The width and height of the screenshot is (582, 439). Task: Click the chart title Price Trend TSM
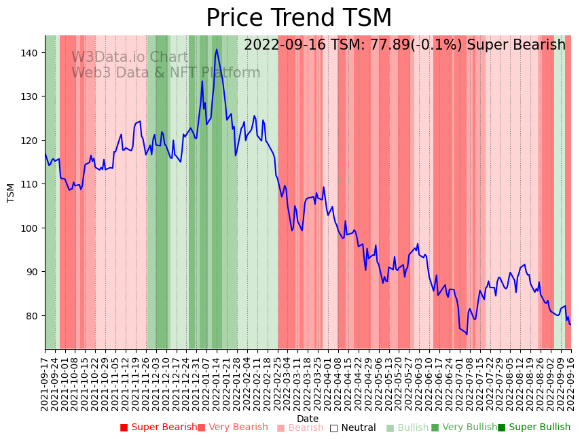(x=299, y=18)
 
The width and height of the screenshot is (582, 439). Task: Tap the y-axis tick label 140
(x=32, y=52)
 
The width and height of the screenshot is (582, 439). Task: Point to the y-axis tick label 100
(x=32, y=228)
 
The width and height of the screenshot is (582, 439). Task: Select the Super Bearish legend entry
(x=158, y=427)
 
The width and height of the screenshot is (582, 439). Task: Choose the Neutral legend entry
(x=352, y=427)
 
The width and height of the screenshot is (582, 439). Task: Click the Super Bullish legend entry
(x=534, y=427)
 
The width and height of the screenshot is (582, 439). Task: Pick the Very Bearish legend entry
(x=233, y=427)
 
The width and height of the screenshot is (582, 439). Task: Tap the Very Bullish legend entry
(x=464, y=427)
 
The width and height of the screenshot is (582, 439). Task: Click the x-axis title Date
(x=308, y=419)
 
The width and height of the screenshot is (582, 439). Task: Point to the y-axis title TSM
(x=11, y=193)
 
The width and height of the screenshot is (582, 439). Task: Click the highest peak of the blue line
(x=217, y=49)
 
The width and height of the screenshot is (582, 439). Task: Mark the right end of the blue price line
(x=570, y=324)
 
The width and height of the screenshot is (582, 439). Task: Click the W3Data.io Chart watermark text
(x=130, y=57)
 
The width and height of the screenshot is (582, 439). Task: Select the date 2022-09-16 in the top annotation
(x=285, y=46)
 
